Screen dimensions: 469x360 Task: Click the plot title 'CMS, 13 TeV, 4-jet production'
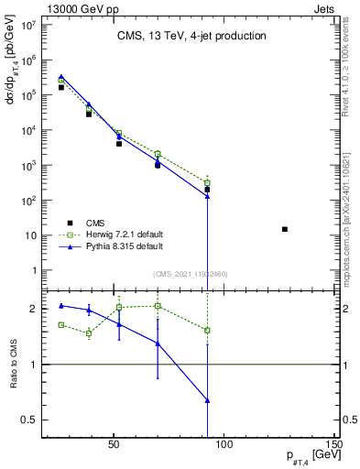coord(191,36)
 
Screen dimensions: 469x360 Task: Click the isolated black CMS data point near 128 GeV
coord(285,229)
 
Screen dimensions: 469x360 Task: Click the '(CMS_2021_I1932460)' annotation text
coord(191,273)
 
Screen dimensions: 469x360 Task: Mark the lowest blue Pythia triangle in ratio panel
coord(208,400)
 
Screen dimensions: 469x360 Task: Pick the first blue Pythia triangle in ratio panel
coord(61,306)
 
